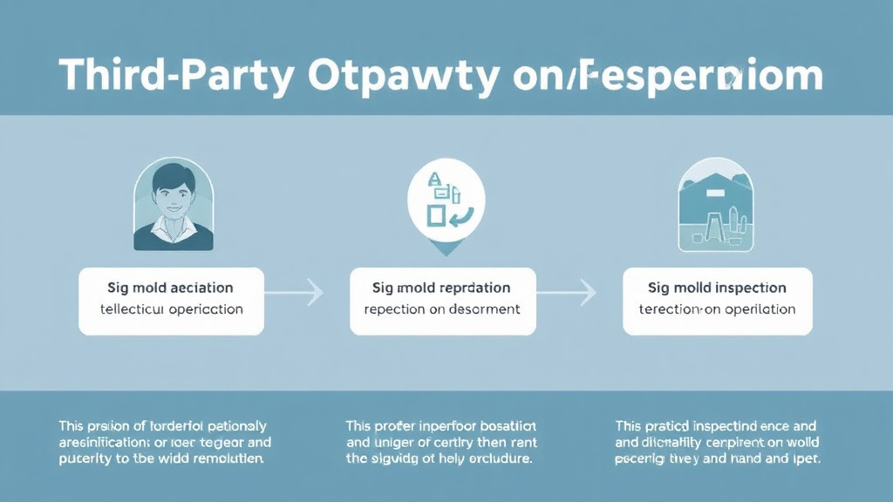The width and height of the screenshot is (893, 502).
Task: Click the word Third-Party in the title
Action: [175, 76]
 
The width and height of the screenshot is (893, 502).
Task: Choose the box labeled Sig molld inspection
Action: [717, 301]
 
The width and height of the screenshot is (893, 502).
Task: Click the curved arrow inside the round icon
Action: [460, 214]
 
